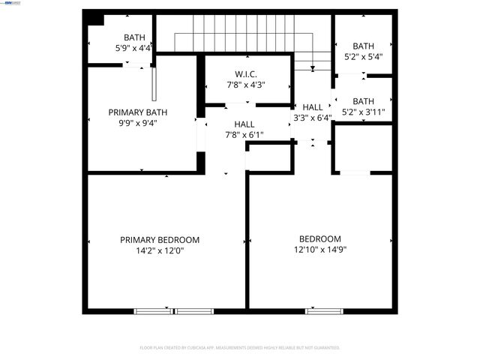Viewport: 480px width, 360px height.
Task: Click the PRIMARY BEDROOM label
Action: pos(160,240)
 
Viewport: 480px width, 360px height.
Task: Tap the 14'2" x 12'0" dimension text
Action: pos(160,251)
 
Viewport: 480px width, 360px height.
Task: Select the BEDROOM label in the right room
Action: pos(320,239)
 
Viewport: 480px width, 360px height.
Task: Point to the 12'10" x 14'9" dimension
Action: pos(320,250)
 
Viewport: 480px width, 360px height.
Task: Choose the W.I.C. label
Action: pos(245,74)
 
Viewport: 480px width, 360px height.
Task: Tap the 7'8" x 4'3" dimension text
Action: pos(245,85)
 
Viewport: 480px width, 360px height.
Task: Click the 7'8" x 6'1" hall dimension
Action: pos(244,135)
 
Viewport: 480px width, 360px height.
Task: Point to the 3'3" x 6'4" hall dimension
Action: pos(312,118)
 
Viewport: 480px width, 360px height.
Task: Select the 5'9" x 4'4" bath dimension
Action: pos(135,48)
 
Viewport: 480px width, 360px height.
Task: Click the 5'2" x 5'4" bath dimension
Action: pos(363,56)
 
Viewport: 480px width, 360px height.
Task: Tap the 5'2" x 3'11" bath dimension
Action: pos(363,112)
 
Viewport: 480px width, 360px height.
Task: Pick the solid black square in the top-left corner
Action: pos(93,19)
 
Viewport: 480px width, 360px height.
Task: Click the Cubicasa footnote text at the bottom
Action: pos(240,348)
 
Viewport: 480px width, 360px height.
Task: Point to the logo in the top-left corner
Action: pos(10,3)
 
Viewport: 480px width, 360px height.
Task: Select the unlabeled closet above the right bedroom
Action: pos(362,148)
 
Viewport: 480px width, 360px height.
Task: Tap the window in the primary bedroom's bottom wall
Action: pos(174,310)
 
